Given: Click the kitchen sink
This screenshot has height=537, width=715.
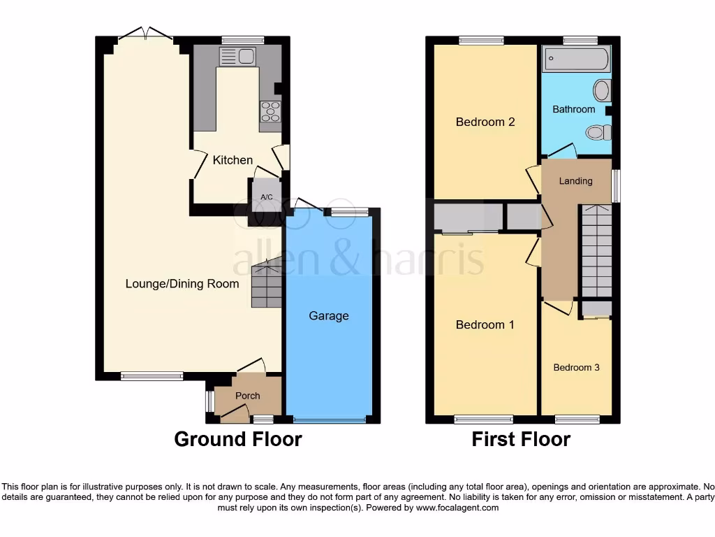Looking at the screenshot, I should click(x=237, y=56).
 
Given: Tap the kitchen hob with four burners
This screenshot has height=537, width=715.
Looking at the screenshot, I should click(x=270, y=112).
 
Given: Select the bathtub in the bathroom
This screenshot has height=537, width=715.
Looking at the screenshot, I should click(x=577, y=59).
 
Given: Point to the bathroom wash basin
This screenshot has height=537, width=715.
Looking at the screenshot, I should click(x=602, y=89).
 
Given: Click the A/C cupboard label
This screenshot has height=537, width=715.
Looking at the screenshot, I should click(x=266, y=197).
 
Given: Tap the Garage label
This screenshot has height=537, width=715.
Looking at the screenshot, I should click(x=329, y=316).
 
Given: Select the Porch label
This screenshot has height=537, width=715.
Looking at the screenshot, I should click(x=247, y=396).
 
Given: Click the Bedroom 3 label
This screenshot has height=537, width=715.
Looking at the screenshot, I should click(x=577, y=368).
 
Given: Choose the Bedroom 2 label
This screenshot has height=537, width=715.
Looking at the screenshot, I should click(x=485, y=122).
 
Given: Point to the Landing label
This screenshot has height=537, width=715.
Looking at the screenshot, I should click(x=576, y=181).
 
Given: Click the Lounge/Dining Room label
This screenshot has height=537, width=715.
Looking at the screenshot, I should click(x=182, y=284).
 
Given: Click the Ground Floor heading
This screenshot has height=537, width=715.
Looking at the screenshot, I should click(x=237, y=439).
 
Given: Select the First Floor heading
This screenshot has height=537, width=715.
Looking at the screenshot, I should click(x=521, y=439).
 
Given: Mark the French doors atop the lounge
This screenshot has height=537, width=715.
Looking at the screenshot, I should click(x=145, y=34).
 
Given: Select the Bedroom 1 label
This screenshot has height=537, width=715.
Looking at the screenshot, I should click(x=485, y=325).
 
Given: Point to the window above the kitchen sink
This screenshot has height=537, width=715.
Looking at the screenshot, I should click(x=239, y=40).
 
